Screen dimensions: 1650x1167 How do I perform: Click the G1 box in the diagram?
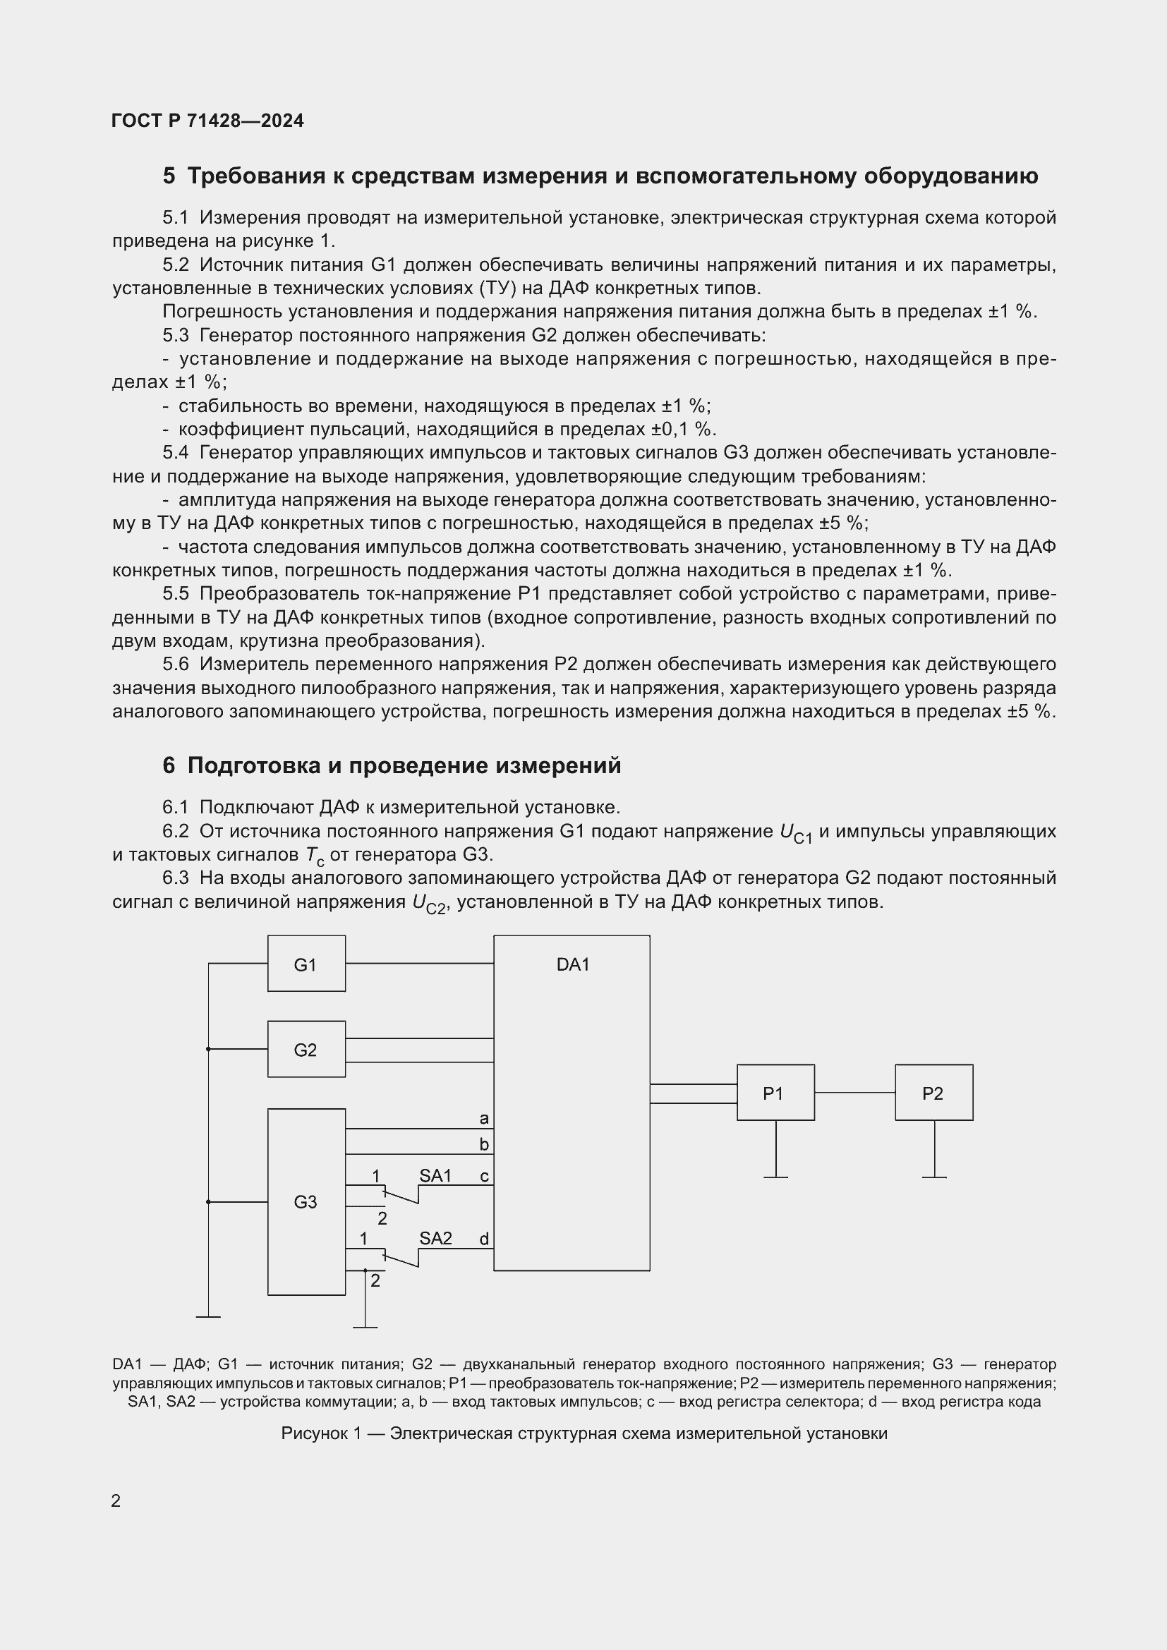coord(306,964)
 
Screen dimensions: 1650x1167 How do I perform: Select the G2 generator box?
coord(306,1049)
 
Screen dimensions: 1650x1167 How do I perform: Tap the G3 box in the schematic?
coord(306,1201)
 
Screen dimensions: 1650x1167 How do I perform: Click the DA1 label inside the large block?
coord(573,964)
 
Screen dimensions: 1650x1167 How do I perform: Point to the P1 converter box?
coord(775,1093)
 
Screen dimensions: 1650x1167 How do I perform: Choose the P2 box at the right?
coord(933,1093)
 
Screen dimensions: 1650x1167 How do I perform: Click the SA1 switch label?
coord(435,1176)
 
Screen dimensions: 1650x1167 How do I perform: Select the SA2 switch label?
coord(435,1238)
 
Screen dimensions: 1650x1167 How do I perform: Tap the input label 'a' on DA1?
coord(483,1118)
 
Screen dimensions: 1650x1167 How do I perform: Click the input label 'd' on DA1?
coord(483,1239)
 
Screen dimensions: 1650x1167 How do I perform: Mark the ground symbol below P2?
coord(934,1177)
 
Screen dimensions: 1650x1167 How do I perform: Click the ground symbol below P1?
coord(775,1177)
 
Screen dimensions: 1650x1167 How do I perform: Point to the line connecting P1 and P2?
coord(854,1092)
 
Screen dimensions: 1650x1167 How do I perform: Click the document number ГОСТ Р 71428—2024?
coord(207,121)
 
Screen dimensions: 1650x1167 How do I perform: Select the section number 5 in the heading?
coord(169,176)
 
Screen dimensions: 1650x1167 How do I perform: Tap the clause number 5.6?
coord(176,664)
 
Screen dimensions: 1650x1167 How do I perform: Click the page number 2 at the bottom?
coord(116,1501)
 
